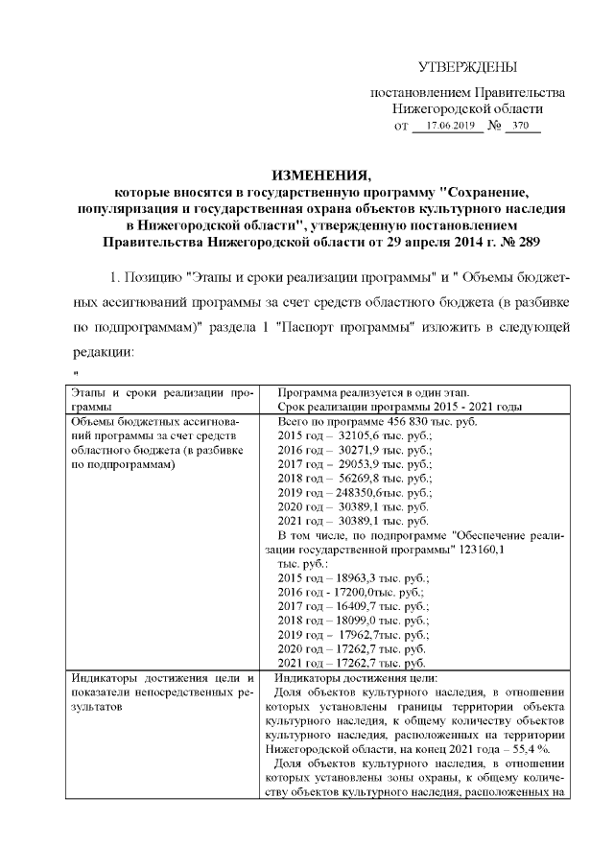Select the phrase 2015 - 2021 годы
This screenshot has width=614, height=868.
473,407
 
